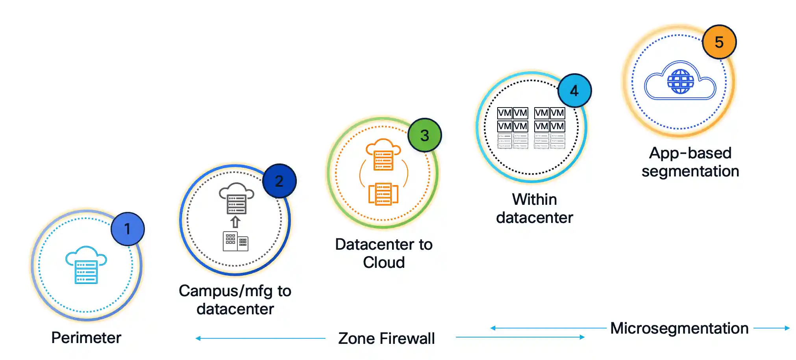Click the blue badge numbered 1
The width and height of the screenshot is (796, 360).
(x=128, y=229)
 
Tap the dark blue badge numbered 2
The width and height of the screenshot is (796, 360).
(x=279, y=181)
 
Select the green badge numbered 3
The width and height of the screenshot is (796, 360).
(x=424, y=135)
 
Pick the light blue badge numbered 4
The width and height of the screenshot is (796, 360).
(x=574, y=91)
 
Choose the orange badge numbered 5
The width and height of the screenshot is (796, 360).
(x=719, y=42)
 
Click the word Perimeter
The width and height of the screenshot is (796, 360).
(x=86, y=338)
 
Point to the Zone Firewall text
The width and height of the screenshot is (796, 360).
(x=386, y=338)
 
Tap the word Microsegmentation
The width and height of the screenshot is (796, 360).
(x=679, y=328)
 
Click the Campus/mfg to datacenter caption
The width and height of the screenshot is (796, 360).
(x=235, y=300)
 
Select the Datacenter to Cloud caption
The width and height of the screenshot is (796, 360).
(x=384, y=253)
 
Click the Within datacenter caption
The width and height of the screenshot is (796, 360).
(x=534, y=208)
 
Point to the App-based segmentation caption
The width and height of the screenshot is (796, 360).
(x=690, y=162)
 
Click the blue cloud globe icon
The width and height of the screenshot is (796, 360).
(x=680, y=81)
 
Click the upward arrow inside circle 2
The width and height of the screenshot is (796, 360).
(x=235, y=222)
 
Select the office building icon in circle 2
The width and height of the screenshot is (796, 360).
(x=235, y=241)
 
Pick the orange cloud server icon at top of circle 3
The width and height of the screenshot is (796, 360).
(x=383, y=154)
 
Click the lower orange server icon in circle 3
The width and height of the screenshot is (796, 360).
(x=383, y=194)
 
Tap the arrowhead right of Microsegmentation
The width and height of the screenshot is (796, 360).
(x=787, y=328)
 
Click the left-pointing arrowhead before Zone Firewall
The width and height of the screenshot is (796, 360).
(x=198, y=338)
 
